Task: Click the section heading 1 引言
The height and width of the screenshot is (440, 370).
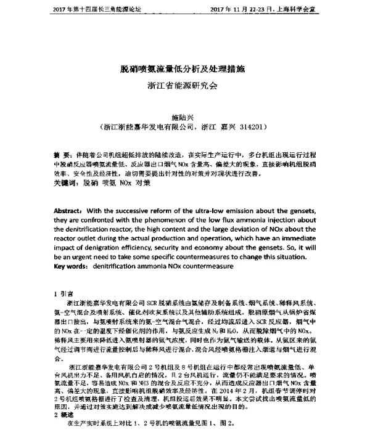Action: click(64, 293)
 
